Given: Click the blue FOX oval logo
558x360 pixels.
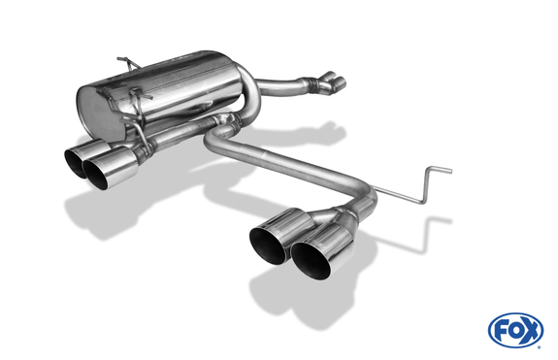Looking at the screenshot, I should click(516, 330).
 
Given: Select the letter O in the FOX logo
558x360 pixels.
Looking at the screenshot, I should click(516, 330).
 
